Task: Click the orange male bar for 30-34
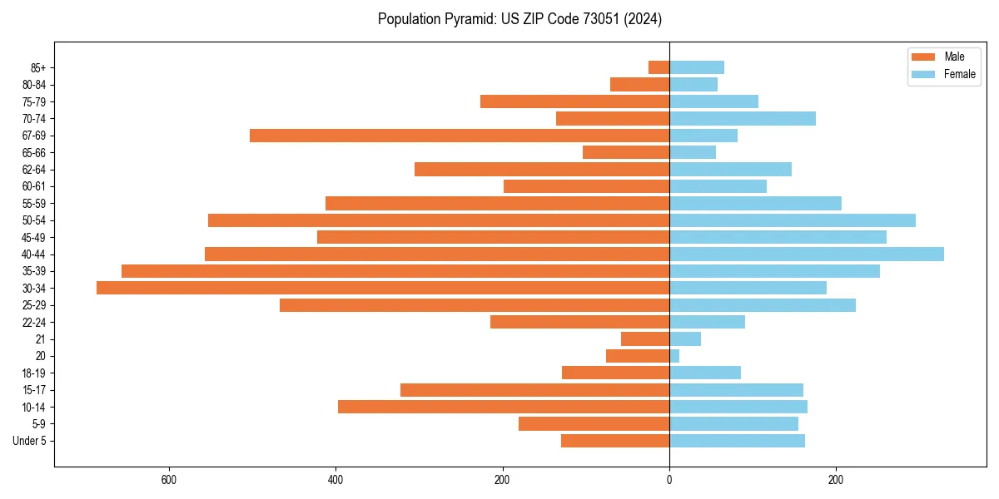pyautogui.click(x=383, y=288)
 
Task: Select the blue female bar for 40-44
pyautogui.click(x=806, y=254)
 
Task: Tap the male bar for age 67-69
pyautogui.click(x=460, y=136)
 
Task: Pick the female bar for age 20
pyautogui.click(x=674, y=356)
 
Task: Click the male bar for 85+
pyautogui.click(x=659, y=67)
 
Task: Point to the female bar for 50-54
pyautogui.click(x=792, y=220)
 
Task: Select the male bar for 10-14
pyautogui.click(x=504, y=407)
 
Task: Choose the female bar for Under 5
pyautogui.click(x=737, y=441)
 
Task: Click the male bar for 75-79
pyautogui.click(x=574, y=101)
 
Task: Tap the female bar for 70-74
pyautogui.click(x=742, y=118)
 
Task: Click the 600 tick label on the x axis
pyautogui.click(x=169, y=481)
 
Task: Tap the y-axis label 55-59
pyautogui.click(x=34, y=204)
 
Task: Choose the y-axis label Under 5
pyautogui.click(x=29, y=441)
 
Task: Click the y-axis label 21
pyautogui.click(x=41, y=339)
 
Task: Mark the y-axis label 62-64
pyautogui.click(x=34, y=170)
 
